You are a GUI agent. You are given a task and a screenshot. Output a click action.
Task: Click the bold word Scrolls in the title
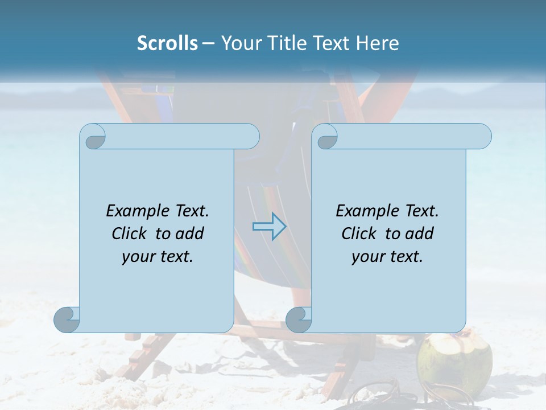(x=167, y=43)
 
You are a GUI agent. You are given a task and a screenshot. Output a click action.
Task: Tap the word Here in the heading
(x=377, y=43)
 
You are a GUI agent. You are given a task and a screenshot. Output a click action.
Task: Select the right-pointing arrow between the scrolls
(x=269, y=227)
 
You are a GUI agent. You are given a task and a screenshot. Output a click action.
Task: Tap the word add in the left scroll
(x=189, y=233)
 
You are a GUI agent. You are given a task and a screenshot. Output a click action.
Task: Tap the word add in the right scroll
(x=419, y=233)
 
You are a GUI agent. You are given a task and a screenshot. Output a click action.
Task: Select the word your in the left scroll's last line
(x=138, y=257)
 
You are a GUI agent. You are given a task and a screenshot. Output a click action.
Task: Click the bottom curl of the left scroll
(x=66, y=319)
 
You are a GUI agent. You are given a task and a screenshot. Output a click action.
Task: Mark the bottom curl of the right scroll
(x=298, y=319)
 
